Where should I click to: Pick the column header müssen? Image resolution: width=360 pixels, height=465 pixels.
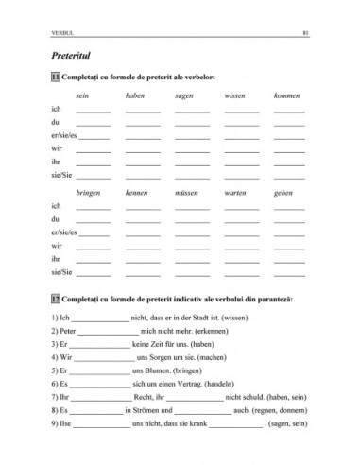click(186, 192)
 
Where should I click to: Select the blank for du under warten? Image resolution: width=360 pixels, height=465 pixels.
click(241, 221)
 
